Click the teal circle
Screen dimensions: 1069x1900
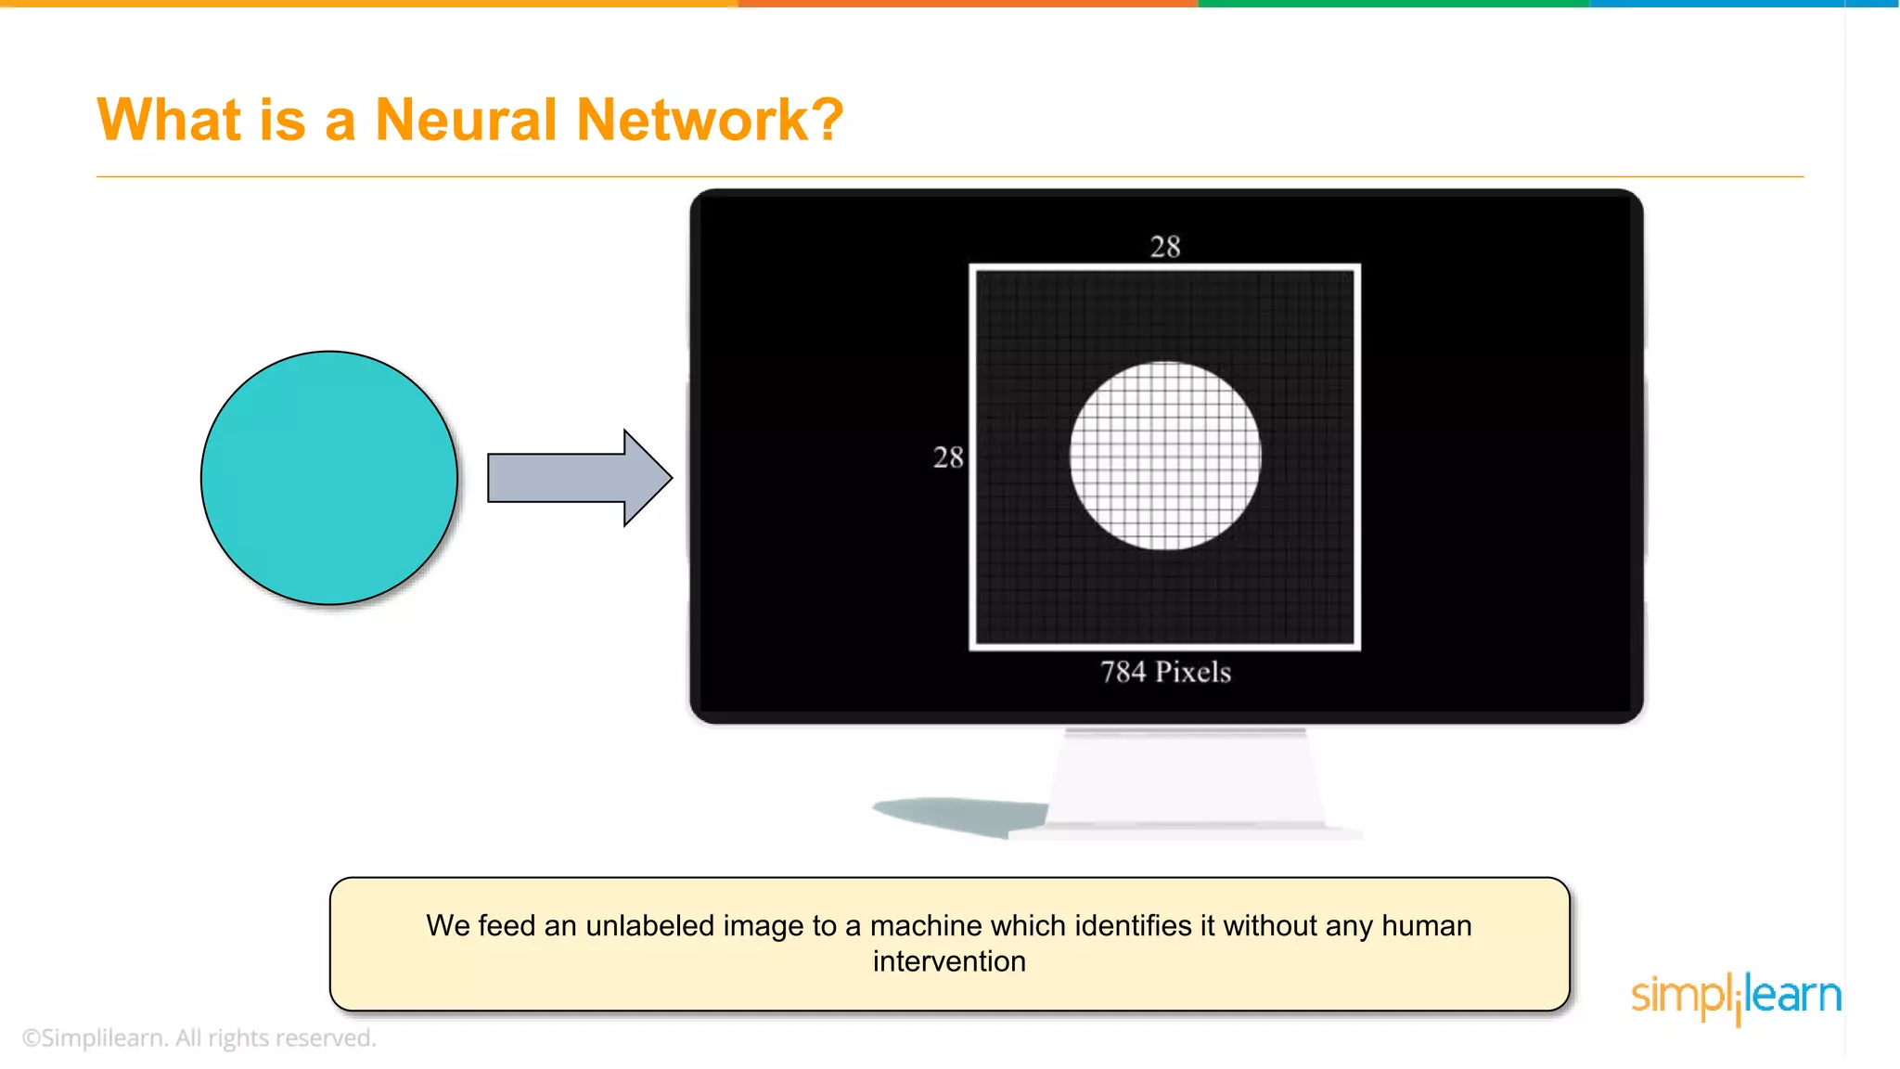click(329, 478)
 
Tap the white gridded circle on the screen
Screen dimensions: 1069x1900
click(1165, 456)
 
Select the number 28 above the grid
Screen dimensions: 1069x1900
click(1165, 247)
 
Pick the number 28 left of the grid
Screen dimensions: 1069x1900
click(948, 457)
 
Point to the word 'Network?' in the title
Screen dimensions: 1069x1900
click(710, 121)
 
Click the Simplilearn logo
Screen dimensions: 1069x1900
click(1736, 997)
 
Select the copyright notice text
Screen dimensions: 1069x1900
click(199, 1037)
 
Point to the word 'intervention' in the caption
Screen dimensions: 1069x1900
click(949, 961)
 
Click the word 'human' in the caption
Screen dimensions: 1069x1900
click(1426, 926)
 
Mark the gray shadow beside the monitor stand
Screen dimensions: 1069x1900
click(960, 815)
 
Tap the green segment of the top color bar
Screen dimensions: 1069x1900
click(1392, 4)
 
